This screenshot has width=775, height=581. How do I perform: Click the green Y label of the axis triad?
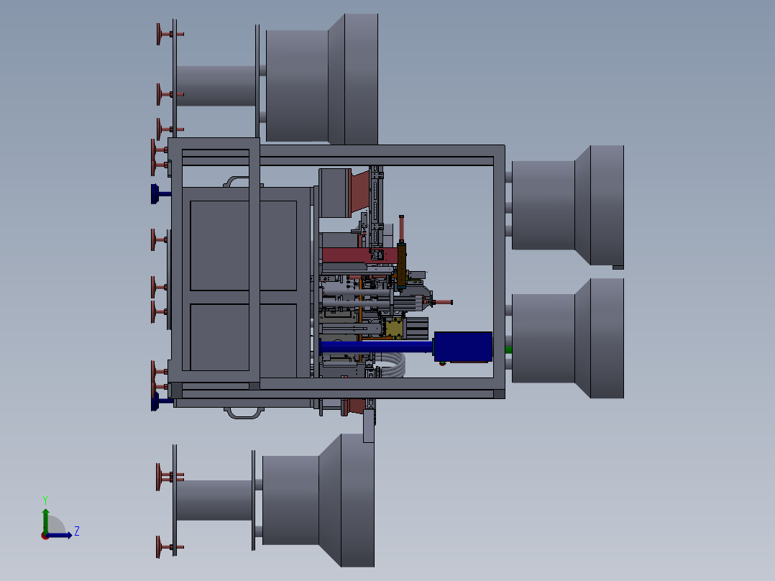coord(45,500)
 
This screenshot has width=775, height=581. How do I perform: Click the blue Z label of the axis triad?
coord(77,531)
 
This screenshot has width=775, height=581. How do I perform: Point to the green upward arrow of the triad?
coord(45,521)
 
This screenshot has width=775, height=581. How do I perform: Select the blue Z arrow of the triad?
coord(59,535)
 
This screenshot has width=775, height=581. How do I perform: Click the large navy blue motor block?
coord(463,347)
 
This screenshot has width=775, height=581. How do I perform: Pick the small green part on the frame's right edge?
coord(508,350)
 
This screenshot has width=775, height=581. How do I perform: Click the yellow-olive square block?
coord(393,328)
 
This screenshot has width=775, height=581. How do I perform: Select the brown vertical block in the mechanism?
coord(401,265)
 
